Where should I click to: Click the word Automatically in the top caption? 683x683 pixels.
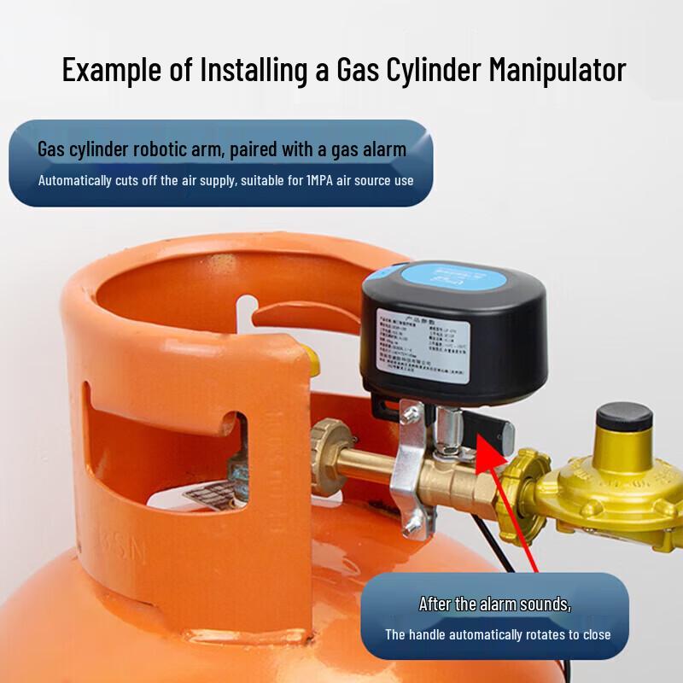pyautogui.click(x=79, y=180)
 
